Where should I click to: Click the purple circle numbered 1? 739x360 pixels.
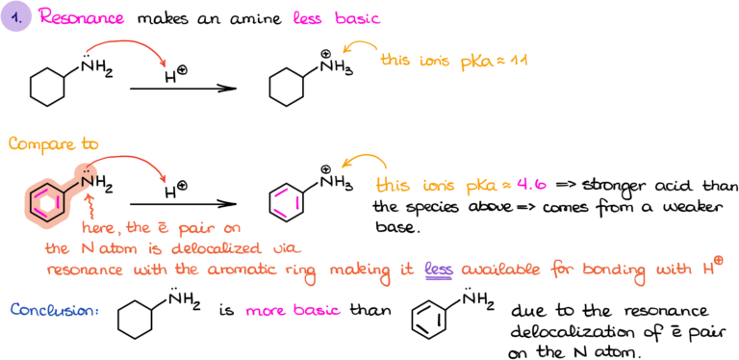15,17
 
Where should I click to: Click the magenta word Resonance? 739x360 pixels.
81,18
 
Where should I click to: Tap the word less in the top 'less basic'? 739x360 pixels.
309,18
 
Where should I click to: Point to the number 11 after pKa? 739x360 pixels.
521,60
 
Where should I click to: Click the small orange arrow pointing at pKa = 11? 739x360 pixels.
360,50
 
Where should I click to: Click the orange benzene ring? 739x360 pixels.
45,202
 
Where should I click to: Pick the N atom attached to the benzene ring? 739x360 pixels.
86,175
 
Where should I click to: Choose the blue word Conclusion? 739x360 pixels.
54,310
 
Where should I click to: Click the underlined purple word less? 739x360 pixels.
438,271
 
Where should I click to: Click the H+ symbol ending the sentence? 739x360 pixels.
712,268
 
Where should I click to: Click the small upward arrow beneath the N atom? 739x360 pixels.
89,205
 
